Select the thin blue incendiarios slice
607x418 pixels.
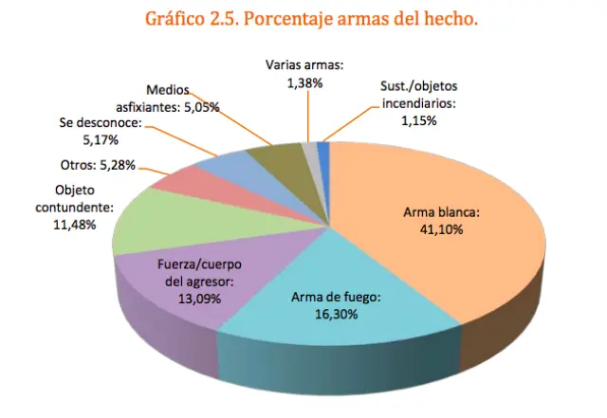coord(323,149)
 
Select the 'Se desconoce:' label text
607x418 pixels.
coord(100,123)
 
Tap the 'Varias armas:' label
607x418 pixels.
coord(303,66)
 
